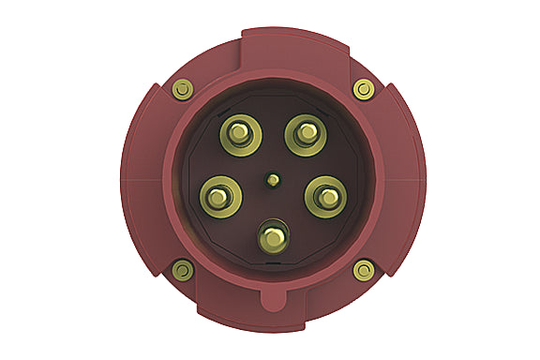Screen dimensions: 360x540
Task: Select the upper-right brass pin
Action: pyautogui.click(x=305, y=134)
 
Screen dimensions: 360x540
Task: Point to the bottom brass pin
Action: pyautogui.click(x=273, y=234)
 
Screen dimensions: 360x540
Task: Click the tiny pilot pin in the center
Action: pyautogui.click(x=272, y=178)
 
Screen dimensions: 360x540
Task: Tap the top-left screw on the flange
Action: pyautogui.click(x=184, y=90)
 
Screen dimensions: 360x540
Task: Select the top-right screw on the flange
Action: pyautogui.click(x=363, y=90)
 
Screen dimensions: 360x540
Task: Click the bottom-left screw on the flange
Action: pyautogui.click(x=184, y=271)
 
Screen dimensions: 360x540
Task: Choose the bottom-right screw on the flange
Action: pyautogui.click(x=363, y=271)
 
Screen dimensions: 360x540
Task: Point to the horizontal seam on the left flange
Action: pyautogui.click(x=141, y=177)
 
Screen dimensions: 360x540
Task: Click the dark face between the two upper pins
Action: pyautogui.click(x=269, y=131)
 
